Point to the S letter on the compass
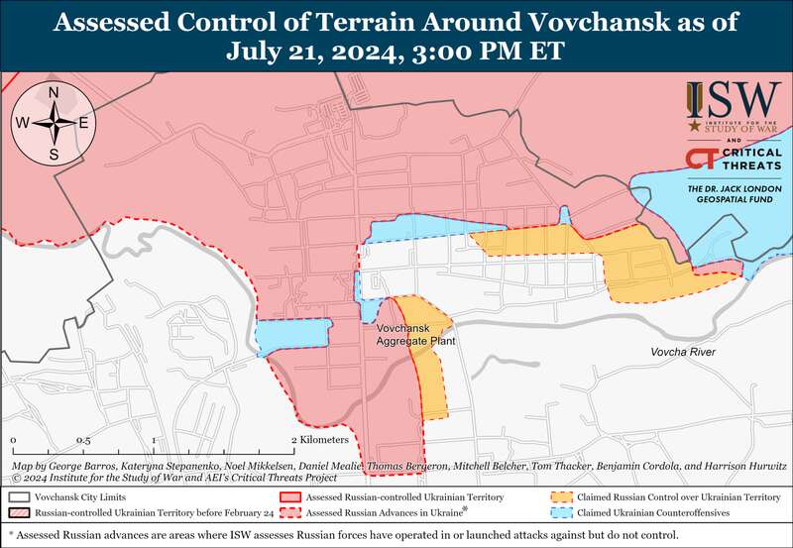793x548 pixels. pos(54,154)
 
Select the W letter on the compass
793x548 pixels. pos(22,124)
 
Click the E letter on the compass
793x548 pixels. pos(84,124)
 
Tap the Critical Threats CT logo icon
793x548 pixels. pos(702,160)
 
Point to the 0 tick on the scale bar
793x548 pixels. pos(13,439)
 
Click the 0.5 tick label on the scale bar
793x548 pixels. pos(83,439)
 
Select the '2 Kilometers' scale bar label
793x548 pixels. pos(320,439)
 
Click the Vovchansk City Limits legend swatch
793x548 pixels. pos(19,496)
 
